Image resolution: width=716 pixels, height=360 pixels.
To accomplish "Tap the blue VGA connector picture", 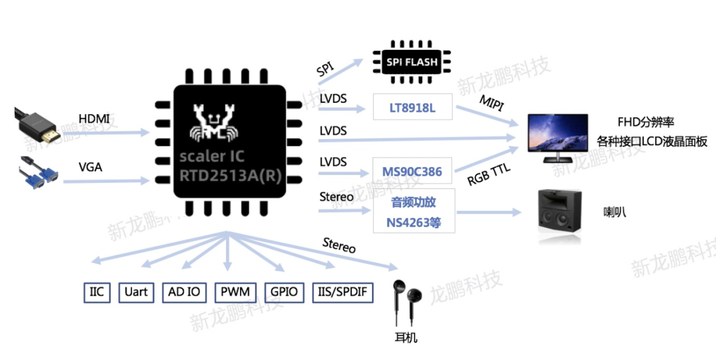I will point(40,174).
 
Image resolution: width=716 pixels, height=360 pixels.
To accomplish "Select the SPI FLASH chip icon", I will point(412,62).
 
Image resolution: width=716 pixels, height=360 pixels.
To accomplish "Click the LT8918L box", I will point(413,107).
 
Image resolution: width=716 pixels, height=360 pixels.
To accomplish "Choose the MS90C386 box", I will point(412,172).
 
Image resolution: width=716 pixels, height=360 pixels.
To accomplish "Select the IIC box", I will point(97,292).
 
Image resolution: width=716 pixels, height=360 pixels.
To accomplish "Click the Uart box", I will point(136,292).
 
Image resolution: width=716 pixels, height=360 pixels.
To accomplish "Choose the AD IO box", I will point(184,292).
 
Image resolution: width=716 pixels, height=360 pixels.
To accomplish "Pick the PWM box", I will point(235,292).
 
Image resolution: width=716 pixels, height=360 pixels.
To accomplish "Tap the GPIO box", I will point(284,292).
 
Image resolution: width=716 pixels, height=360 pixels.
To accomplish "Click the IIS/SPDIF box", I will point(343,292).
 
